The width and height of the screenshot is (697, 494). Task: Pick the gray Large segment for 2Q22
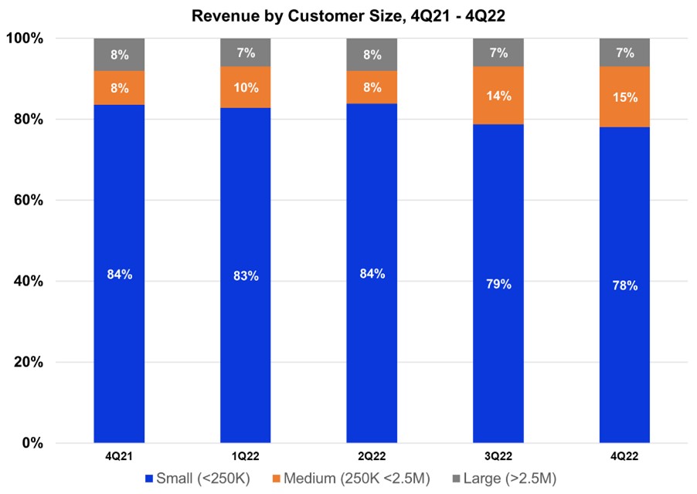(372, 55)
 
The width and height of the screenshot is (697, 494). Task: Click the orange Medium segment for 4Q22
(624, 96)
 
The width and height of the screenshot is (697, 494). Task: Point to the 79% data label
(498, 284)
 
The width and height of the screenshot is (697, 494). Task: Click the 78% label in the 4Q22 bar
(624, 286)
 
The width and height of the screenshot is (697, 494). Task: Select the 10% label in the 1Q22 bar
(246, 86)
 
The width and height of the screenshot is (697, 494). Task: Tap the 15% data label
(624, 97)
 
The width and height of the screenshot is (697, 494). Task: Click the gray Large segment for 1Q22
(246, 52)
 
